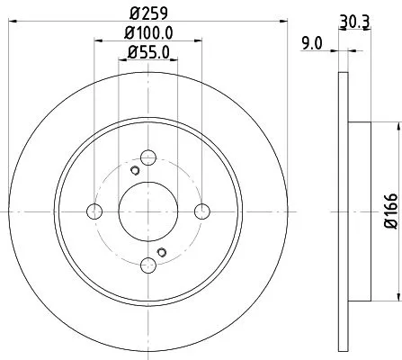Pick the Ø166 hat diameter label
tap(390, 211)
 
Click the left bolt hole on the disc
tap(94, 211)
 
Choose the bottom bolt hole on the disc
tap(147, 265)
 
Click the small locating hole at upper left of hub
tap(134, 171)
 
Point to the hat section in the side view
tap(358, 211)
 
